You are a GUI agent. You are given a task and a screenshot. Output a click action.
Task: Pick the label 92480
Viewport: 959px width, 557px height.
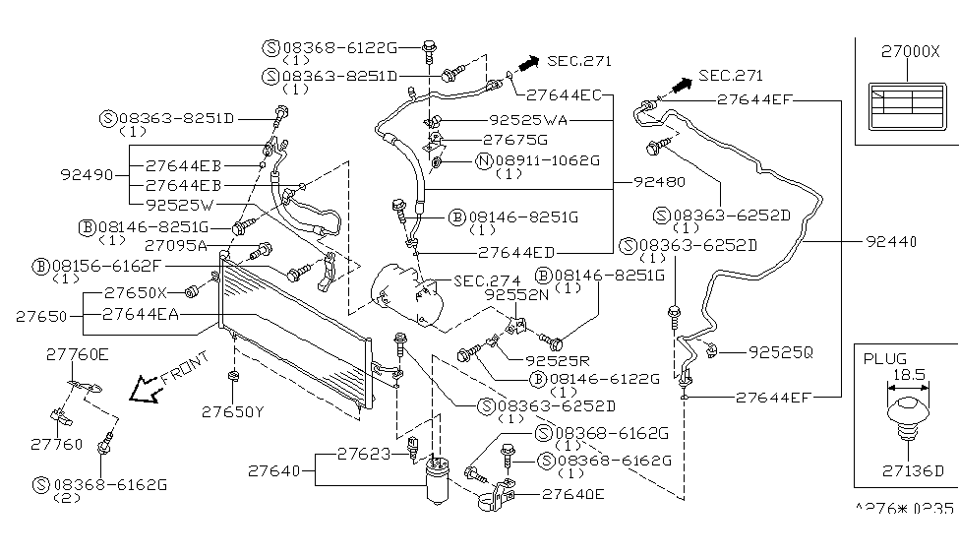tap(659, 182)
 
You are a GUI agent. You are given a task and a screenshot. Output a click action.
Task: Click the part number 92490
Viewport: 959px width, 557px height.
tap(87, 176)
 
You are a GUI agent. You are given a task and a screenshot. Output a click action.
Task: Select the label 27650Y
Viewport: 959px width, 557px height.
tap(233, 412)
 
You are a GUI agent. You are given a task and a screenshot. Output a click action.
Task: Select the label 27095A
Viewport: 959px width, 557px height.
tap(173, 245)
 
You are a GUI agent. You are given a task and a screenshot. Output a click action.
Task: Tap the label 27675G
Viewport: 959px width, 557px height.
tap(514, 140)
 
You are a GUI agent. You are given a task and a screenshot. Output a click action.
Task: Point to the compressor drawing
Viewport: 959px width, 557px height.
tap(398, 295)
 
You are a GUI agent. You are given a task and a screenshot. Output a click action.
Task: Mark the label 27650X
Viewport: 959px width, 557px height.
tap(137, 292)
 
